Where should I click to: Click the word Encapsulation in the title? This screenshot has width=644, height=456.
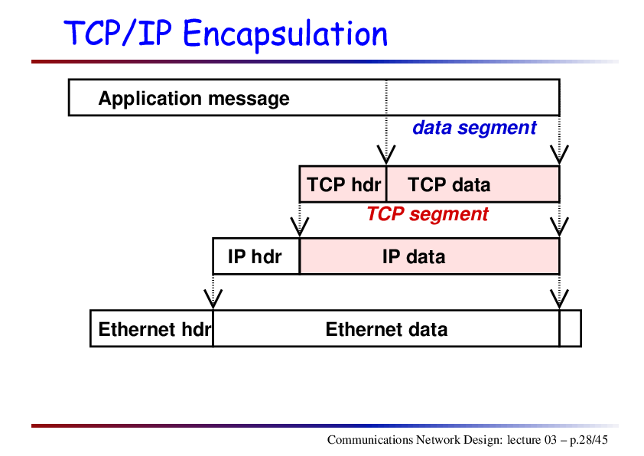[x=285, y=34]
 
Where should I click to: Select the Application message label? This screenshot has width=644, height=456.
[x=194, y=99]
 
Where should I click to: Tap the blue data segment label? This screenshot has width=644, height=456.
[x=474, y=129]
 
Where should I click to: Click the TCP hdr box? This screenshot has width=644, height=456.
[x=343, y=184]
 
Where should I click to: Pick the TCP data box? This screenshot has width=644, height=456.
[x=473, y=184]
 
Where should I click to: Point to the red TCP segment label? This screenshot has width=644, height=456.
[x=428, y=214]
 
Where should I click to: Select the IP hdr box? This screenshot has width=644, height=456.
[x=256, y=256]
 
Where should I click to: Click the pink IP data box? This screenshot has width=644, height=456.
[x=430, y=256]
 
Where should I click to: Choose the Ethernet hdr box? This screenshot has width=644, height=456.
[x=151, y=329]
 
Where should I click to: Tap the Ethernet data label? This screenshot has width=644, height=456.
[x=386, y=330]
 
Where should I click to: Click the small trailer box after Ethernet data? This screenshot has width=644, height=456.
[x=571, y=329]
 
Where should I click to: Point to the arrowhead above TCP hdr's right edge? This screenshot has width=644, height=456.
[x=386, y=155]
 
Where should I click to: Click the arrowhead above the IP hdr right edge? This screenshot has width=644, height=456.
[x=299, y=227]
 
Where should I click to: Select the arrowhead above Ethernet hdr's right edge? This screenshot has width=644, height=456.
[x=213, y=299]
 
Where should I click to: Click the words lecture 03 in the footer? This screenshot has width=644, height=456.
[x=532, y=440]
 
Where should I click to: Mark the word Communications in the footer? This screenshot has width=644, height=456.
[x=370, y=440]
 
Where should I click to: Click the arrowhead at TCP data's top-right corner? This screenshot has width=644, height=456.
[x=559, y=155]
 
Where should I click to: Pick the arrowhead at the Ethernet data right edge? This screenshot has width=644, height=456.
[x=559, y=299]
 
